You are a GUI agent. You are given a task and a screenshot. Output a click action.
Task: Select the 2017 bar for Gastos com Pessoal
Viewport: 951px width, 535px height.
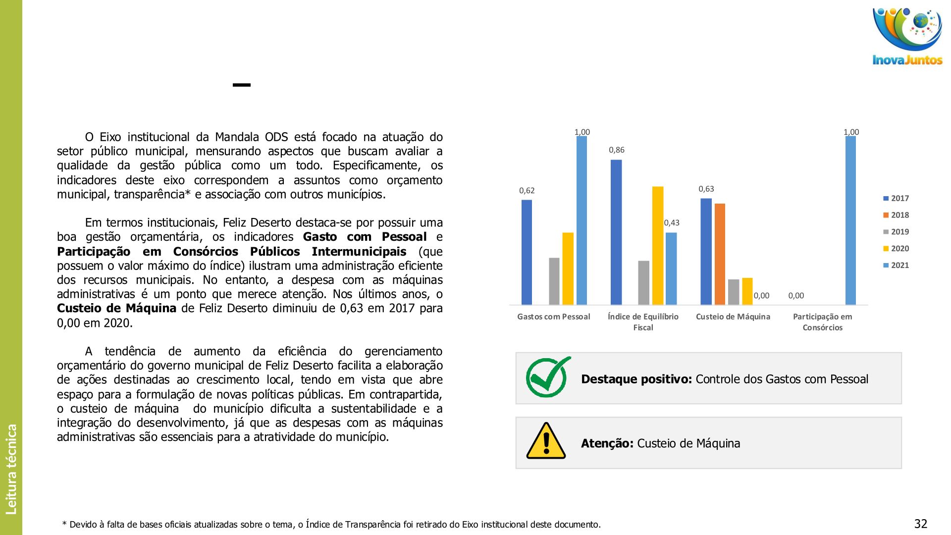coord(527,252)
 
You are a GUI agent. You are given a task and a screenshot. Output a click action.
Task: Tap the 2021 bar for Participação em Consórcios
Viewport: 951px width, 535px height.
coord(850,220)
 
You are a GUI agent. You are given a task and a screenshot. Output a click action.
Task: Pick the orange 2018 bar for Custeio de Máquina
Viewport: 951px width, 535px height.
coord(720,254)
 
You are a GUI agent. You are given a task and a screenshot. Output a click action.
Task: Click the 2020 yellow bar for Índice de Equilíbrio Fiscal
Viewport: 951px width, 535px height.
coord(657,246)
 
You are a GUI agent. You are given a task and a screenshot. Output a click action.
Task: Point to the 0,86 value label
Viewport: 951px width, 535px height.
coord(617,150)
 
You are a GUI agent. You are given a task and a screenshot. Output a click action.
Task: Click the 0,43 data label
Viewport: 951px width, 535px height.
coord(672,223)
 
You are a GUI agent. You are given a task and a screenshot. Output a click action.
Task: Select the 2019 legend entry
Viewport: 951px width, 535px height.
coord(896,232)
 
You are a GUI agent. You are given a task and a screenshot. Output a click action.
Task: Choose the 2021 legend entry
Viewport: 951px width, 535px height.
coord(896,266)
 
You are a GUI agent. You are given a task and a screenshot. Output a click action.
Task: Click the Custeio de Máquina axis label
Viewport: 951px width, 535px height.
coord(733,317)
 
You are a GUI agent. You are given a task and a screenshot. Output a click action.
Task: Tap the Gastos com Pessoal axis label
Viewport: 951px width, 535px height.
coord(554,317)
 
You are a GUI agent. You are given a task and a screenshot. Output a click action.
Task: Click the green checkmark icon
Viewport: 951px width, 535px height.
coord(548,377)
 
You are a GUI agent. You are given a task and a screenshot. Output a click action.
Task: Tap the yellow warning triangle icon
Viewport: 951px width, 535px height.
coord(546,441)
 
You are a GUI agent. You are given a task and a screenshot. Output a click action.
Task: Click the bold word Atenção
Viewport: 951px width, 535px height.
coord(607,443)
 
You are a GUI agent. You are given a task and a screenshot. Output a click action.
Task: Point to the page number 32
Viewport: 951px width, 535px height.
coord(920,524)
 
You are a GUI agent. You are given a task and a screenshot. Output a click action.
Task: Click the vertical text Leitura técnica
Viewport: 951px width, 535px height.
coord(11,469)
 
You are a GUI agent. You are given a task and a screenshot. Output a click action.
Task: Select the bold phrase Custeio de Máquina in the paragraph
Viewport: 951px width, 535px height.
coord(116,309)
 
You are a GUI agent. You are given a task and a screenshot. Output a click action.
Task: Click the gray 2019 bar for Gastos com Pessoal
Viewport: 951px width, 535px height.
coord(554,281)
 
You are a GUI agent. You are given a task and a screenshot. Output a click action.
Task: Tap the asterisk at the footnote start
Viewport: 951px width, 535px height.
coord(64,524)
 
